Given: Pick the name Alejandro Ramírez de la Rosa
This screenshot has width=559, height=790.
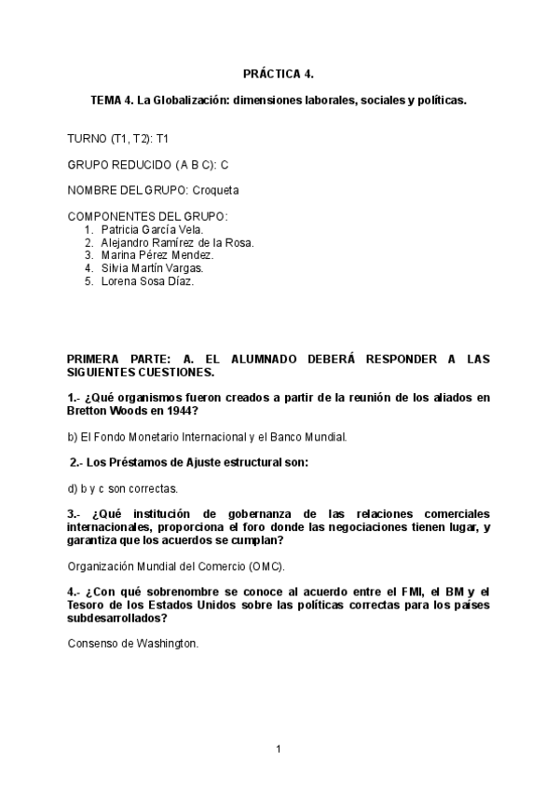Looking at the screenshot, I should click(178, 242).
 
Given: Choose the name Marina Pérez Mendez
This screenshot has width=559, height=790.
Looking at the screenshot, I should click(157, 255).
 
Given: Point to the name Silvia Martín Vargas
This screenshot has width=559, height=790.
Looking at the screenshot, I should click(152, 268).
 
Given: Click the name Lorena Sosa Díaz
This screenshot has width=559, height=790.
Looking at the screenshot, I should click(147, 281).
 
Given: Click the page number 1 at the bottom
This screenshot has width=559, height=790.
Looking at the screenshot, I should click(278, 748).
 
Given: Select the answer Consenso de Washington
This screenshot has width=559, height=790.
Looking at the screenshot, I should click(133, 643).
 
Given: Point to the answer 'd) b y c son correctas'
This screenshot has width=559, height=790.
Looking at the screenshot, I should click(123, 487).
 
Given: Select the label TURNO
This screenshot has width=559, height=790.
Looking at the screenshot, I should click(88, 138).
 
